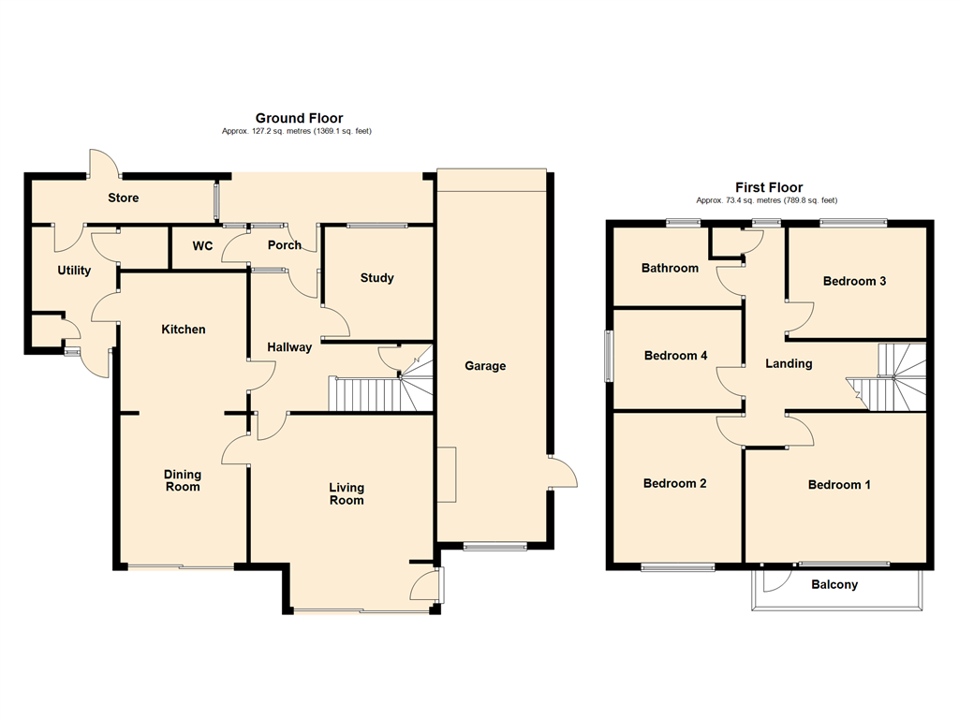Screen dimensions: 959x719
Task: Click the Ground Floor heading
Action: [299, 118]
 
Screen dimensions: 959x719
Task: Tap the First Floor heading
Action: [769, 187]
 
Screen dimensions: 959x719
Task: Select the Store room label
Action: [123, 198]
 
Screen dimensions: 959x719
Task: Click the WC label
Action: [202, 246]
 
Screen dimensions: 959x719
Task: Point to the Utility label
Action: [74, 271]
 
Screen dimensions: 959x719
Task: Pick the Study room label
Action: [376, 277]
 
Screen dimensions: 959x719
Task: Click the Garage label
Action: [485, 366]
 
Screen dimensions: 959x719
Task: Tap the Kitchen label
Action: [183, 329]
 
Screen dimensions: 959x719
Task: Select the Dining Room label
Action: [183, 480]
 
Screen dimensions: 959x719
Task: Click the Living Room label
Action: [347, 494]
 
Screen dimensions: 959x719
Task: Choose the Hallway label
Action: [289, 347]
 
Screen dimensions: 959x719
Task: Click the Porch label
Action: [285, 244]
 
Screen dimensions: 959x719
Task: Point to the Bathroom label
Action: [670, 268]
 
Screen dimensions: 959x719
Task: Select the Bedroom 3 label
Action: [854, 281]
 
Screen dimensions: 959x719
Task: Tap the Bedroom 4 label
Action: [676, 355]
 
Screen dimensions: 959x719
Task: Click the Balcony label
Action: [834, 584]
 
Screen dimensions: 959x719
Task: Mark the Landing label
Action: [789, 364]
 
